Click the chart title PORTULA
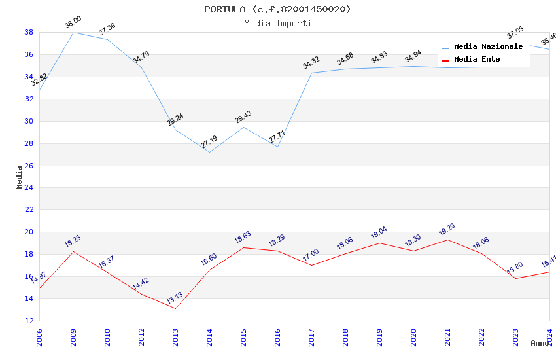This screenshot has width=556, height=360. pyautogui.click(x=277, y=9)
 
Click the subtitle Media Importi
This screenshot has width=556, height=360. pyautogui.click(x=277, y=23)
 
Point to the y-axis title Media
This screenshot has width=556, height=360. pyautogui.click(x=20, y=177)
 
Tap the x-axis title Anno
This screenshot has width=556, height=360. pyautogui.click(x=540, y=343)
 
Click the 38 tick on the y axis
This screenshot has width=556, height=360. pyautogui.click(x=29, y=32)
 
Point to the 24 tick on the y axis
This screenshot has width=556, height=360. pyautogui.click(x=29, y=188)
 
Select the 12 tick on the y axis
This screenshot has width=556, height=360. pyautogui.click(x=29, y=321)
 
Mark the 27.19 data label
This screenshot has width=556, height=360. pyautogui.click(x=209, y=143)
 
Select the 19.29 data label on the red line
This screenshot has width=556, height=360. pyautogui.click(x=447, y=230)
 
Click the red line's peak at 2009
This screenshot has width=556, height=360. pyautogui.click(x=73, y=251)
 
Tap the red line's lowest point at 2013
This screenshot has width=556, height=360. pyautogui.click(x=175, y=308)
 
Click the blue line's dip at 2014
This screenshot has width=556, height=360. pyautogui.click(x=209, y=153)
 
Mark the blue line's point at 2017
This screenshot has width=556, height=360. pyautogui.click(x=311, y=73)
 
